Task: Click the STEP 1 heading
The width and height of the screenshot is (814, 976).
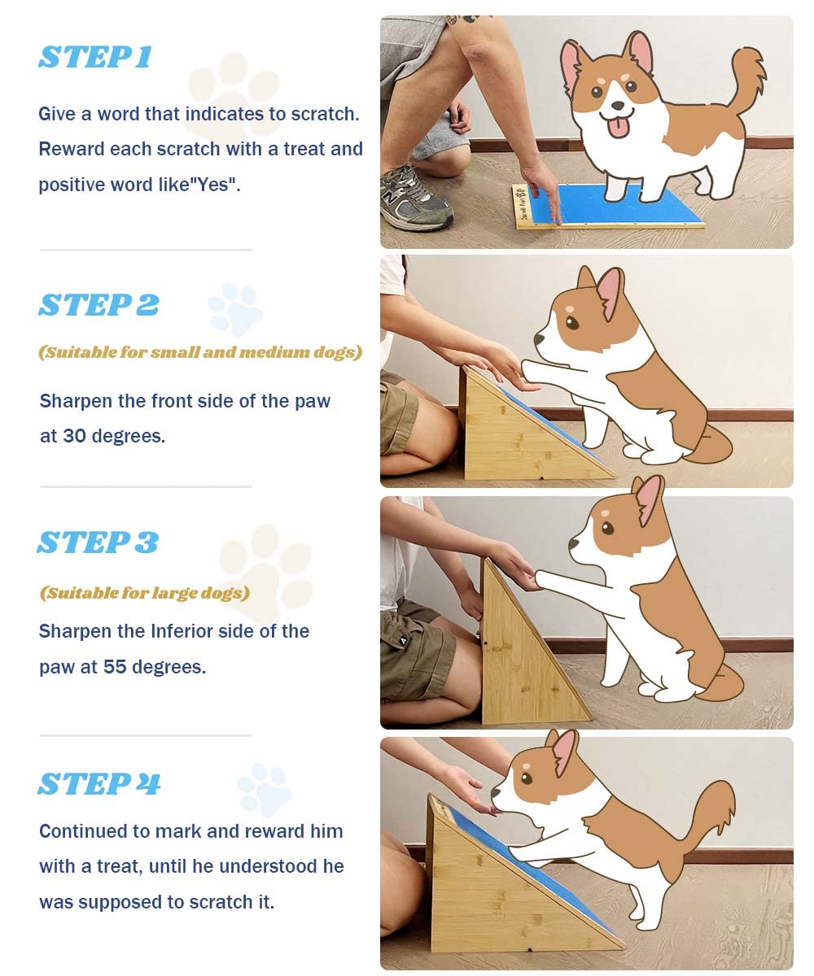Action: pyautogui.click(x=95, y=57)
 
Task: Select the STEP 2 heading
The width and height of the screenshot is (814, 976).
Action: pyautogui.click(x=98, y=304)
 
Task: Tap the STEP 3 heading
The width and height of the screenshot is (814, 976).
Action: pyautogui.click(x=98, y=542)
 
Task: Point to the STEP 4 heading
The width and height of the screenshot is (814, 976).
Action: pyautogui.click(x=98, y=784)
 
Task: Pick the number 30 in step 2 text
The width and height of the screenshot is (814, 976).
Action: pyautogui.click(x=74, y=436)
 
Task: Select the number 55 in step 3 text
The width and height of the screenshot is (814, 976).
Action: pyautogui.click(x=115, y=667)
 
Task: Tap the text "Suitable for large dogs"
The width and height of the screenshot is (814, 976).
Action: pyautogui.click(x=145, y=593)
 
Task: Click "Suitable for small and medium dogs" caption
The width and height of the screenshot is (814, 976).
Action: pyautogui.click(x=200, y=352)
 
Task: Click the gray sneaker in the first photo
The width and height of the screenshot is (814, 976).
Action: pyautogui.click(x=415, y=200)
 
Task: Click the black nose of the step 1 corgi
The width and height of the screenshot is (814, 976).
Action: pyautogui.click(x=618, y=106)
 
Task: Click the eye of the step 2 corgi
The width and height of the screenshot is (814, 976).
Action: pyautogui.click(x=572, y=323)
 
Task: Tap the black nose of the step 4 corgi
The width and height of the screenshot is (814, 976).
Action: pyautogui.click(x=496, y=792)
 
